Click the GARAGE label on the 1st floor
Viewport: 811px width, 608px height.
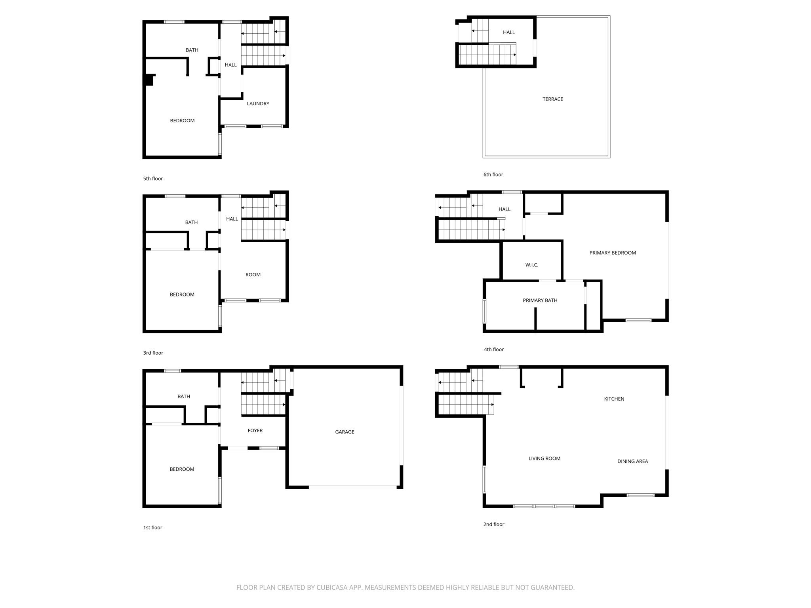[345, 432]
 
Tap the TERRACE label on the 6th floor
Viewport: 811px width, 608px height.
[552, 99]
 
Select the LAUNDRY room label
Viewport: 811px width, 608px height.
[258, 104]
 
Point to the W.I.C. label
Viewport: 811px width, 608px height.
[531, 265]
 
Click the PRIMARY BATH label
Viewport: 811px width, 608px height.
[540, 300]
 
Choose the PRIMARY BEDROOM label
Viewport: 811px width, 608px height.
[612, 253]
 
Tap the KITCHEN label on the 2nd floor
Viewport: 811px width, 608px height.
[614, 399]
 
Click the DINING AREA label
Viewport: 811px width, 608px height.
[632, 461]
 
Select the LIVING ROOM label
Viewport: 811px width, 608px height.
[544, 459]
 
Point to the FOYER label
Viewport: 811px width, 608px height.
[255, 431]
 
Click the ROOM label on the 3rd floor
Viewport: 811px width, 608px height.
[253, 275]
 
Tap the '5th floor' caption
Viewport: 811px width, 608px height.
[153, 179]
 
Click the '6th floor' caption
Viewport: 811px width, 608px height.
[493, 175]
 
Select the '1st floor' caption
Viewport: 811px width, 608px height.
[152, 528]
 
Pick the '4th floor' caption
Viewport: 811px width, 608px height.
[493, 350]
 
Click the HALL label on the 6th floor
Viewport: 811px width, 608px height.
[508, 32]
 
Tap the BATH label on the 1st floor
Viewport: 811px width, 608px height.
[183, 397]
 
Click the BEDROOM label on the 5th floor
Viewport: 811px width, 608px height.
[182, 121]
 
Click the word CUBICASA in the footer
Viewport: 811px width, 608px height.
[331, 588]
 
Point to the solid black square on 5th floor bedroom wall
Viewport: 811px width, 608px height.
[148, 80]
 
